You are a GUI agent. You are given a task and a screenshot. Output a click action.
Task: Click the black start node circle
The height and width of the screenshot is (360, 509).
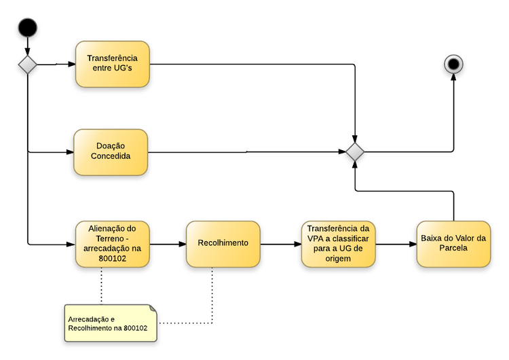[28, 28]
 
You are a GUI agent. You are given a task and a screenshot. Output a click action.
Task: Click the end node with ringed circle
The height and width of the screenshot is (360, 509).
[453, 65]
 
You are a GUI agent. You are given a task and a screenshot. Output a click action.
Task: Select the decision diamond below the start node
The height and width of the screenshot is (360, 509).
[28, 65]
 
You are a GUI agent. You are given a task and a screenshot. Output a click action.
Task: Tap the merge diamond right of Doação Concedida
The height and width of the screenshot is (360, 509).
[355, 152]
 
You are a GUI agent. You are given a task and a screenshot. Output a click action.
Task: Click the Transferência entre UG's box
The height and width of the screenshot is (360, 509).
[112, 65]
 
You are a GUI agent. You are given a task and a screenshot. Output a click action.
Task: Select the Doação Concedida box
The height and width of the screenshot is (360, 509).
[111, 152]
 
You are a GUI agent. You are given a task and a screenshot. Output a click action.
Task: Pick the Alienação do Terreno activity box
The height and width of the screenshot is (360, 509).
[112, 243]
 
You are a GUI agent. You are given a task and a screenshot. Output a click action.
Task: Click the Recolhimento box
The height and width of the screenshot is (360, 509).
[223, 243]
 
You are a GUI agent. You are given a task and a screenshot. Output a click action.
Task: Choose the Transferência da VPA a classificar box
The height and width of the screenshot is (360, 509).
[338, 243]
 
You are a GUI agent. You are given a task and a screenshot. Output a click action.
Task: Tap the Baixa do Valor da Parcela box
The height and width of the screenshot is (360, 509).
[453, 243]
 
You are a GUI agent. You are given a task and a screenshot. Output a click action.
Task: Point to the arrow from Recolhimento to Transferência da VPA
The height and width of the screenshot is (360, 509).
[280, 243]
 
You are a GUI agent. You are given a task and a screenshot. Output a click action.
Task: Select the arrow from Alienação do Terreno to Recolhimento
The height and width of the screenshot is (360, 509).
[167, 243]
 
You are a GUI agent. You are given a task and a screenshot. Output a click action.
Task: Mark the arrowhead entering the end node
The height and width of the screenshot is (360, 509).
[453, 77]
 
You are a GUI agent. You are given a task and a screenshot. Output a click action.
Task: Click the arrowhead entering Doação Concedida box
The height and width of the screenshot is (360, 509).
[70, 152]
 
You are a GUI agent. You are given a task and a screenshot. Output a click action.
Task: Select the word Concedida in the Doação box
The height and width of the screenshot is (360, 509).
[111, 156]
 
